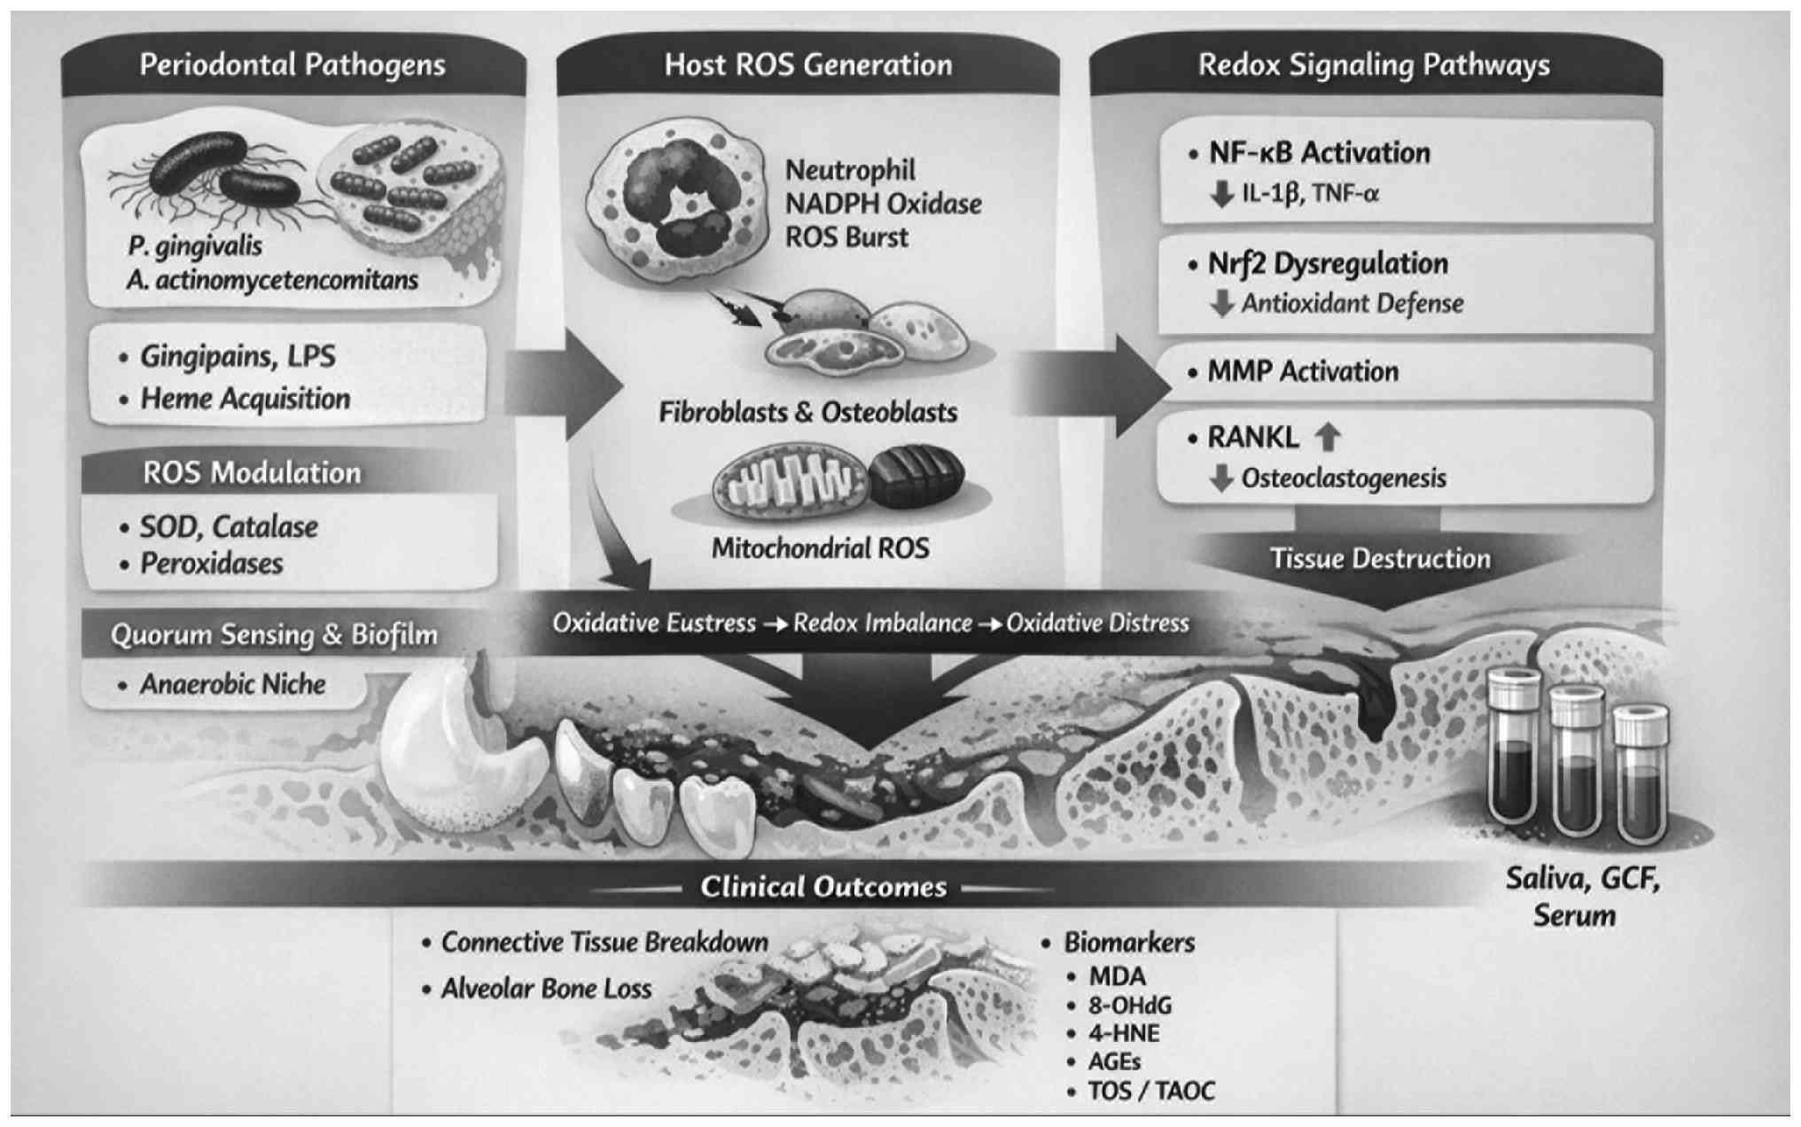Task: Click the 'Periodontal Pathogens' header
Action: tap(292, 66)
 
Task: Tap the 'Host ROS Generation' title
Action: tap(808, 66)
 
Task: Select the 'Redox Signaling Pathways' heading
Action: tap(1374, 66)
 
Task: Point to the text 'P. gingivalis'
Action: tap(195, 245)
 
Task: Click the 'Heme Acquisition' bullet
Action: tap(245, 399)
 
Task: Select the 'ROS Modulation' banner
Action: tap(252, 473)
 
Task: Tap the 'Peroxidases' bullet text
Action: tap(211, 563)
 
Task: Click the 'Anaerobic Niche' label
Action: tap(232, 684)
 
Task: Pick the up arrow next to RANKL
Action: tap(1327, 437)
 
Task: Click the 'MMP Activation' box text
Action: tap(1303, 371)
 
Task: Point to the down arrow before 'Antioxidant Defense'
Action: tap(1222, 304)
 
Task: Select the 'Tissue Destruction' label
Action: tap(1380, 559)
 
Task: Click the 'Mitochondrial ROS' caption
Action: tap(821, 548)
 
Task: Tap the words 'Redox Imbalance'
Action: tap(882, 623)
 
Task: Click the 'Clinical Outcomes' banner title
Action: tap(823, 887)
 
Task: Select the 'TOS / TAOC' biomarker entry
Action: tap(1151, 1091)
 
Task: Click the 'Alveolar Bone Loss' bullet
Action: tap(546, 989)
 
